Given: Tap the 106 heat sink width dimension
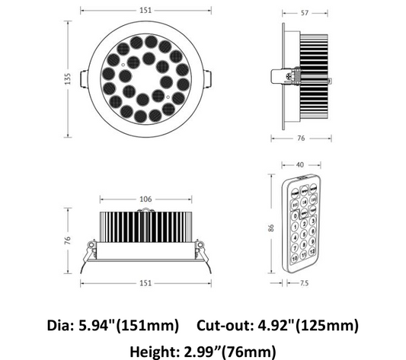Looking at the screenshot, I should (x=145, y=199).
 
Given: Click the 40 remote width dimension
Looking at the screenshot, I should (x=299, y=164).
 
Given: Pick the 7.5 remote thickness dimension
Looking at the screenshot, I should (x=305, y=283).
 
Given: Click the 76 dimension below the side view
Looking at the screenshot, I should (x=301, y=139).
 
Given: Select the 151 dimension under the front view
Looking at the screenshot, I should (x=145, y=283).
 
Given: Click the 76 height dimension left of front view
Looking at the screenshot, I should (x=68, y=240).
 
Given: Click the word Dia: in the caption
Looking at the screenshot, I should (x=60, y=325).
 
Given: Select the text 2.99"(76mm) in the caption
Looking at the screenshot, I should (x=230, y=350).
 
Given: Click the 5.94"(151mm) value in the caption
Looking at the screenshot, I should (x=129, y=325).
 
